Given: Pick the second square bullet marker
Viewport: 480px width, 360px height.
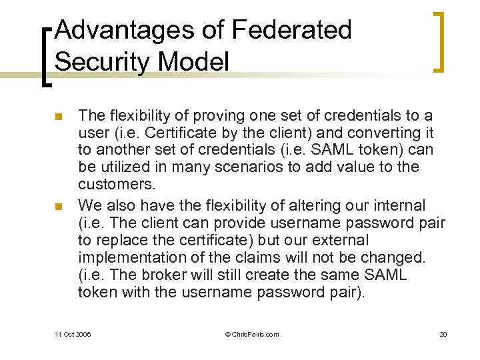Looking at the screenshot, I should (58, 205).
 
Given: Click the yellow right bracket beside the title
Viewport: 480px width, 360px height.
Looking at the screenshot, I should (439, 41).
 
